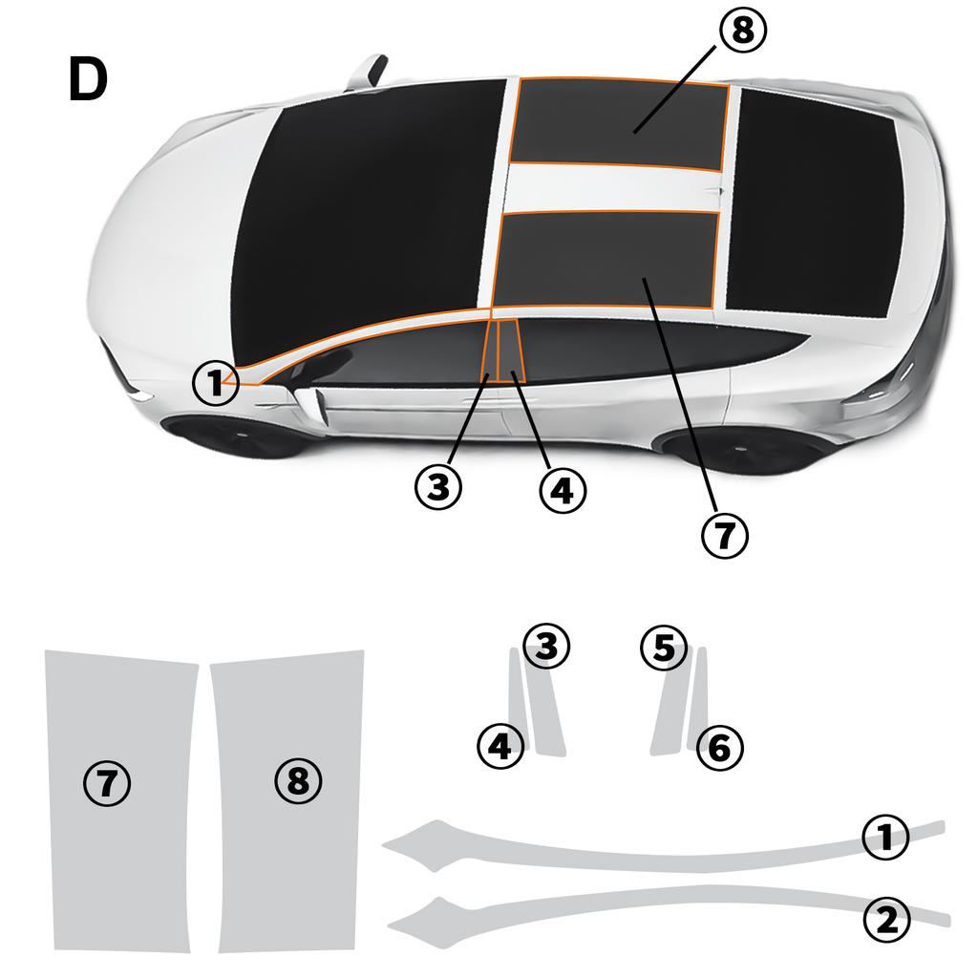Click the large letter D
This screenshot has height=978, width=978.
click(x=88, y=79)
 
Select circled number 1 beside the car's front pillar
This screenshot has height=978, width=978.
click(x=216, y=384)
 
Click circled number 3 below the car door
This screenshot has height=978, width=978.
click(x=438, y=488)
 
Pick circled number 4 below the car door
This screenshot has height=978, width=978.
click(x=562, y=491)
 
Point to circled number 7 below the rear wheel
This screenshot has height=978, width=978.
click(x=725, y=535)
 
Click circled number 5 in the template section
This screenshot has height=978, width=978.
click(x=664, y=648)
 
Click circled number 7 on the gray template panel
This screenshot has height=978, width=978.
click(x=107, y=783)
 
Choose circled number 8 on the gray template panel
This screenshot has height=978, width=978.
click(x=298, y=781)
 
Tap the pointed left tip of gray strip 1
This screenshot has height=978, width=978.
click(x=386, y=843)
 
